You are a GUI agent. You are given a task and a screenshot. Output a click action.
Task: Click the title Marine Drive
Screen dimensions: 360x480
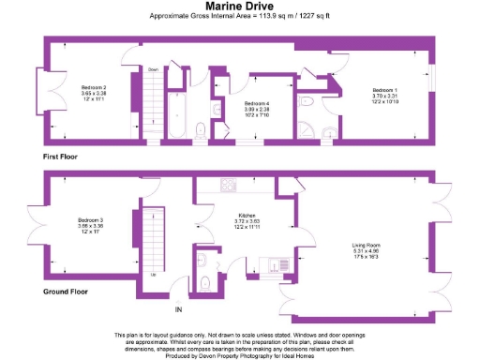pos(239,6)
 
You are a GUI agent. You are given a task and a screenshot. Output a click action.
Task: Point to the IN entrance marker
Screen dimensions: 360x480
pos(176,309)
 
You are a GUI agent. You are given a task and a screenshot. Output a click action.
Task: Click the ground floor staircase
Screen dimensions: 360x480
pos(154,238)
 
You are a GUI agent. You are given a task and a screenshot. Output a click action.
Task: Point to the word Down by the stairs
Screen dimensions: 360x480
pos(154,68)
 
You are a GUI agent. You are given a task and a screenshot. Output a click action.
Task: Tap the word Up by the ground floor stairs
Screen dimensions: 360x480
pos(154,275)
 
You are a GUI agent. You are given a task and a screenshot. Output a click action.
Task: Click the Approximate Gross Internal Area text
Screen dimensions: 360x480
pos(239,17)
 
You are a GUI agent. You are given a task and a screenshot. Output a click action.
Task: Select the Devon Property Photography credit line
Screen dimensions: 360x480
pos(239,355)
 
